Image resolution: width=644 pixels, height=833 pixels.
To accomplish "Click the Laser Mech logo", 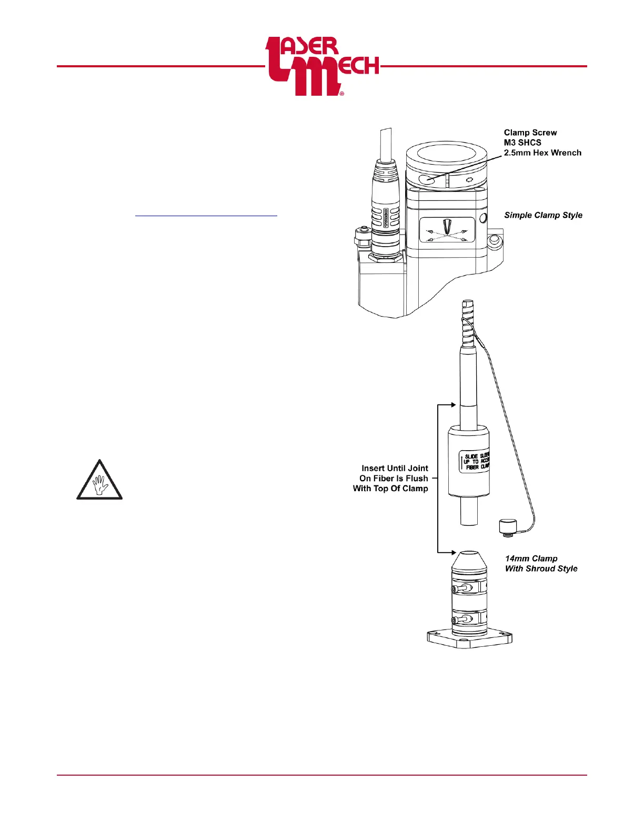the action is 321,66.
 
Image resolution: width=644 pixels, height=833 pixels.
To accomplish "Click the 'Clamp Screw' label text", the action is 530,133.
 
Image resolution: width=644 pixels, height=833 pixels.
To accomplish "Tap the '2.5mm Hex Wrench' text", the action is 542,153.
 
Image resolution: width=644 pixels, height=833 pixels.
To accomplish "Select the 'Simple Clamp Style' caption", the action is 543,215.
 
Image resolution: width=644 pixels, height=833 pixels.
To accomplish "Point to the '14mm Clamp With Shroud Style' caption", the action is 541,564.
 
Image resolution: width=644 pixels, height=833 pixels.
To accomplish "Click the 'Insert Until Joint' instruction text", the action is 395,468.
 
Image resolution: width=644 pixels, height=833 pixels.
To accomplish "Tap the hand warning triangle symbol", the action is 99,480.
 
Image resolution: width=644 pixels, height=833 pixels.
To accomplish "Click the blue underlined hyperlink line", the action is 206,215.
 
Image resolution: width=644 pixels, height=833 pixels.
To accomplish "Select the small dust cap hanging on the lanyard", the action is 508,526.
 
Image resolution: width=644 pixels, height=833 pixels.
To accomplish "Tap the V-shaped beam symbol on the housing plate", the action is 447,227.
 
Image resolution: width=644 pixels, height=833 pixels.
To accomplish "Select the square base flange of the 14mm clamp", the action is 469,639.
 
